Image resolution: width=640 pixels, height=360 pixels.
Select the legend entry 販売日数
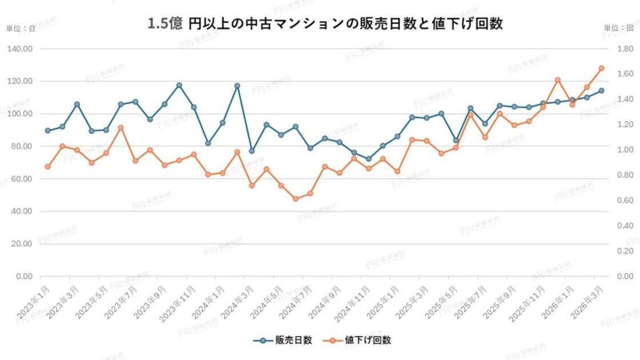(x=283, y=340)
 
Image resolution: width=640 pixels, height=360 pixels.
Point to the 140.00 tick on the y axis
(x=20, y=49)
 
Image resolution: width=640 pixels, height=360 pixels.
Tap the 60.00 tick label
(x=22, y=179)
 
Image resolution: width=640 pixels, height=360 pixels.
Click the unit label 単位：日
(x=21, y=28)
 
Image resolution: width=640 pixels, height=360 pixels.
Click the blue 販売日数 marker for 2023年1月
(x=48, y=130)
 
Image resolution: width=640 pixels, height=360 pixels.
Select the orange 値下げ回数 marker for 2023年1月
(x=48, y=166)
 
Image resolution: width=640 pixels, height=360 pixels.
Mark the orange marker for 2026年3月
(x=601, y=68)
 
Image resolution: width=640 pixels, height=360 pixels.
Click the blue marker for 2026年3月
(x=601, y=90)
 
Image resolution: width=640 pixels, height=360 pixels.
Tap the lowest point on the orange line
(x=295, y=199)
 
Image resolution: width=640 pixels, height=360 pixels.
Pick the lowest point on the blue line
(x=369, y=159)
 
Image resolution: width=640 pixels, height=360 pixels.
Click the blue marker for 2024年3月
(x=251, y=151)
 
